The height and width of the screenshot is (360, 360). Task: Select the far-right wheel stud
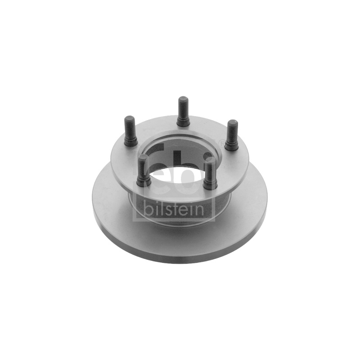pos(232,135)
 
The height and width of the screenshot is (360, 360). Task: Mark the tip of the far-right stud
pos(233,122)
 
